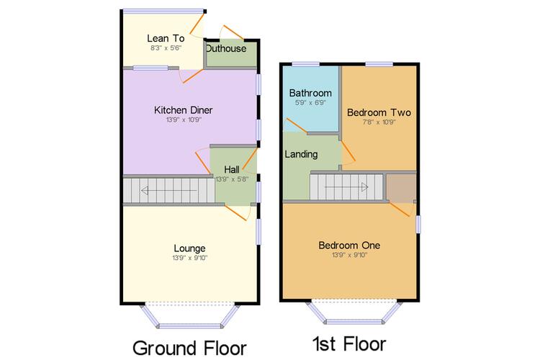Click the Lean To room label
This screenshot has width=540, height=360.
[x=166, y=38]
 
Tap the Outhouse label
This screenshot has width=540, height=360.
[x=226, y=48]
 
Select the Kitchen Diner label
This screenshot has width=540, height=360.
[x=183, y=110]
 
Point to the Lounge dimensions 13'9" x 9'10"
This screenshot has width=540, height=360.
[x=190, y=258]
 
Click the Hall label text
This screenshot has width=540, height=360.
[x=232, y=169]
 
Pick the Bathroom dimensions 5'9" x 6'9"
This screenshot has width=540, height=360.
[x=310, y=103]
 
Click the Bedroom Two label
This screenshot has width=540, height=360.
[x=379, y=112]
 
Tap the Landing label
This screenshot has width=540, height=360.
[x=301, y=154]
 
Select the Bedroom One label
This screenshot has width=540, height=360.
[x=349, y=246]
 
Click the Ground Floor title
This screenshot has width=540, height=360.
[x=189, y=348]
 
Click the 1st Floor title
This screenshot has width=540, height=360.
[x=349, y=344]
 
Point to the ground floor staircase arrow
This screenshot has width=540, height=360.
[x=168, y=190]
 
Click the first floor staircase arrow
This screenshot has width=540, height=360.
[x=346, y=187]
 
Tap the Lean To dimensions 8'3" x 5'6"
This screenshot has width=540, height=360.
[x=166, y=48]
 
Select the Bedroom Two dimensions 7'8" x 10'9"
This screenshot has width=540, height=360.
[x=379, y=122]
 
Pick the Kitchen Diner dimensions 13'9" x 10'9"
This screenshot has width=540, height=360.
[x=184, y=120]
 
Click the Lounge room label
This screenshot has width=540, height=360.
[x=189, y=248]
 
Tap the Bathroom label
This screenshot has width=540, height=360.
[x=310, y=93]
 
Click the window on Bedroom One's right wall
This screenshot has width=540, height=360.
[x=418, y=224]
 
